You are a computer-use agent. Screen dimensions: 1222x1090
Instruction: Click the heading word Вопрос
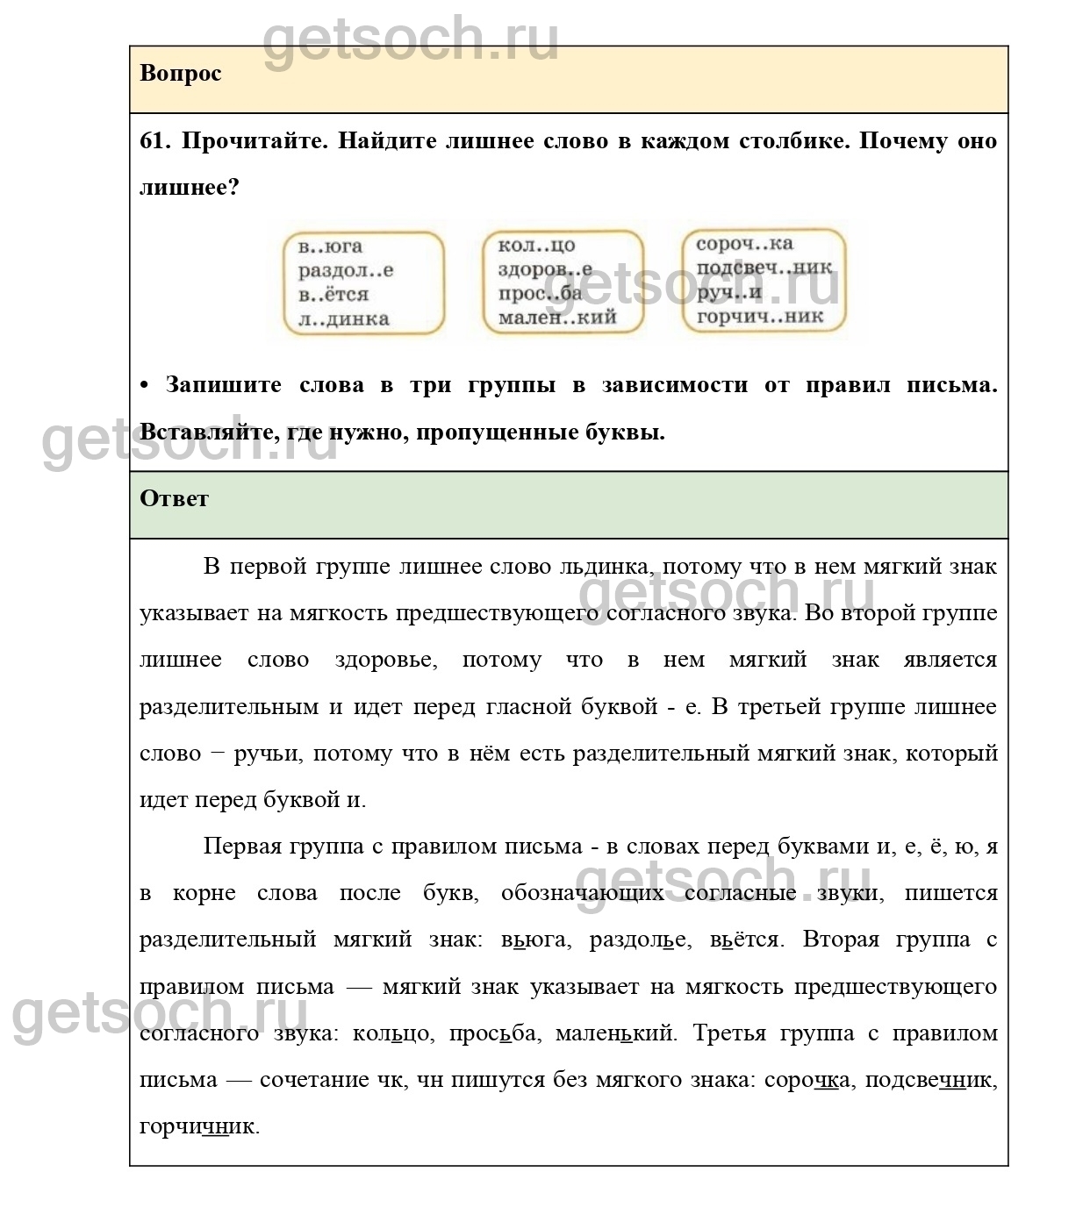coord(180,74)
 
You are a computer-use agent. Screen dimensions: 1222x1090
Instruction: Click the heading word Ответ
coord(174,498)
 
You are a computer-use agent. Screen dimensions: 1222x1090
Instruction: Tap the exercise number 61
coord(154,141)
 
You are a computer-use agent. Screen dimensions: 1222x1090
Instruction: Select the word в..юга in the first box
coord(330,247)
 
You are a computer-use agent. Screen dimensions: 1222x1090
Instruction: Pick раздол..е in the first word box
coord(346,270)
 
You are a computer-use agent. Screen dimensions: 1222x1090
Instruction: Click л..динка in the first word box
coord(343,319)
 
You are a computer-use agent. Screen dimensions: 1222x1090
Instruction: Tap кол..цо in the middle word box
coord(536,246)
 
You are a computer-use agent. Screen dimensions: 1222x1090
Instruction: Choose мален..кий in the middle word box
coord(557,318)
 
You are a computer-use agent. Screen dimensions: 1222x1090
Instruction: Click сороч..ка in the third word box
coord(744,244)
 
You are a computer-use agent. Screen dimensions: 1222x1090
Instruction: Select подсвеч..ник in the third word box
coord(764,268)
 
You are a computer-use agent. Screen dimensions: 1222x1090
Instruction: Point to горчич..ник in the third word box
coord(760,316)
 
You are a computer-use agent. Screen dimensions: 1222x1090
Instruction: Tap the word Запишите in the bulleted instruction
coord(223,385)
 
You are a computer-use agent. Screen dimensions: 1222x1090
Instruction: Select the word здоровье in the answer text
coord(385,660)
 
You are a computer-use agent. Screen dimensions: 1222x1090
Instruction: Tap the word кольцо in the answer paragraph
coord(391,1033)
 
